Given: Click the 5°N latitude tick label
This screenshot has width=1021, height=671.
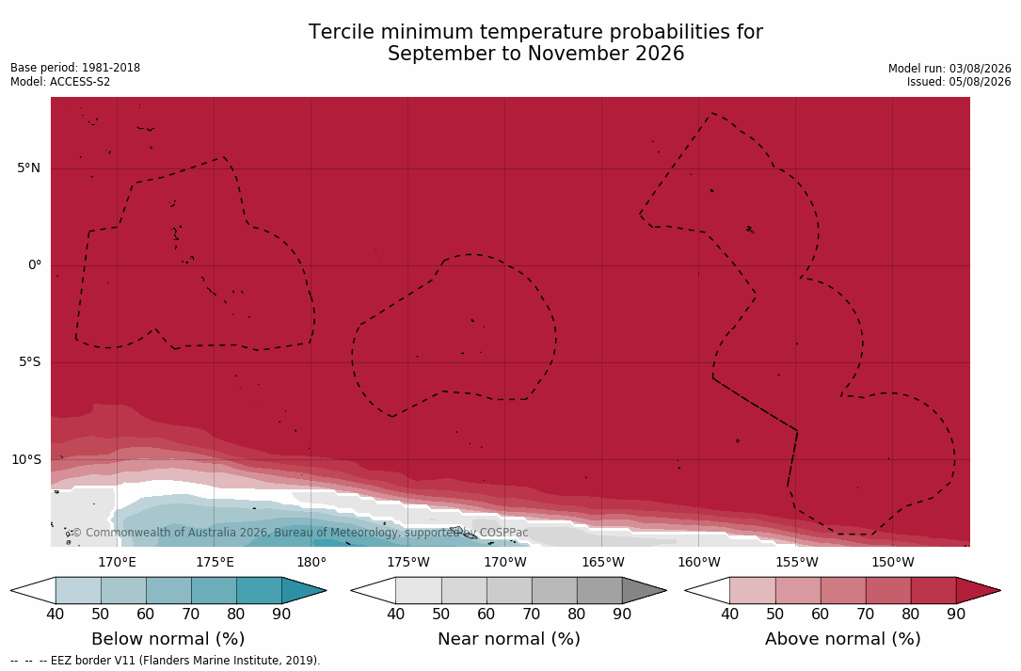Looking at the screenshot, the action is pos(28,168).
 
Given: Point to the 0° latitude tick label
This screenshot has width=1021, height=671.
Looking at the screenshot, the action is pos(35,265).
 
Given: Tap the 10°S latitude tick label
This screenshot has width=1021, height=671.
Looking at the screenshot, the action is pos(26,460).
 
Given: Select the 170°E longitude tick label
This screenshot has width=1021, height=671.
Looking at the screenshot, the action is pos(118,562).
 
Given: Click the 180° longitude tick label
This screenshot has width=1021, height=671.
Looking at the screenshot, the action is pos(311,562).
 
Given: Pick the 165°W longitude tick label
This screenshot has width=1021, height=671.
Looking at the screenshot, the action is pos(602,562).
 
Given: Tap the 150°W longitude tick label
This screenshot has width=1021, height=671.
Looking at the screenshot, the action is pos(893,562).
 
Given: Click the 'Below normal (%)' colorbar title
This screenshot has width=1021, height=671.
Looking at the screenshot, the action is pos(168,638).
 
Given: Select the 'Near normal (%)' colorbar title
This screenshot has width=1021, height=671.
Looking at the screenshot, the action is pos(508,638).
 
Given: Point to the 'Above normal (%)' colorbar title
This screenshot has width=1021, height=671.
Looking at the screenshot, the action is pos(842,638).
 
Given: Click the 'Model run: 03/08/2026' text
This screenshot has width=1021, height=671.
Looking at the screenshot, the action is pos(949,69).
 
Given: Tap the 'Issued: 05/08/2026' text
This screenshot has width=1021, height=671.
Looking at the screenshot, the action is pos(959,82).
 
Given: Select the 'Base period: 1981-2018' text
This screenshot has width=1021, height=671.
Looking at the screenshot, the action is pos(75,68).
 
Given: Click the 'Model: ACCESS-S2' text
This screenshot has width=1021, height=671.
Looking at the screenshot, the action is pos(60,82).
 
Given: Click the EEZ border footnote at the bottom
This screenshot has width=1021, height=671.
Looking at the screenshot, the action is pos(166,661).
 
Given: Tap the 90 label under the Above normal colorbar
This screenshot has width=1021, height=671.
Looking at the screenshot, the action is pos(956,614).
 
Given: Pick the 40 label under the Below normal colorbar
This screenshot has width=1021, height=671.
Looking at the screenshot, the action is pos(56,614).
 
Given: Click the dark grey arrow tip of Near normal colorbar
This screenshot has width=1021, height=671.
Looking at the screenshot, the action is pos(665,591).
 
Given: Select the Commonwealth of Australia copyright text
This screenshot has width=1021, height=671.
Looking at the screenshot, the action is pos(299,533).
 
